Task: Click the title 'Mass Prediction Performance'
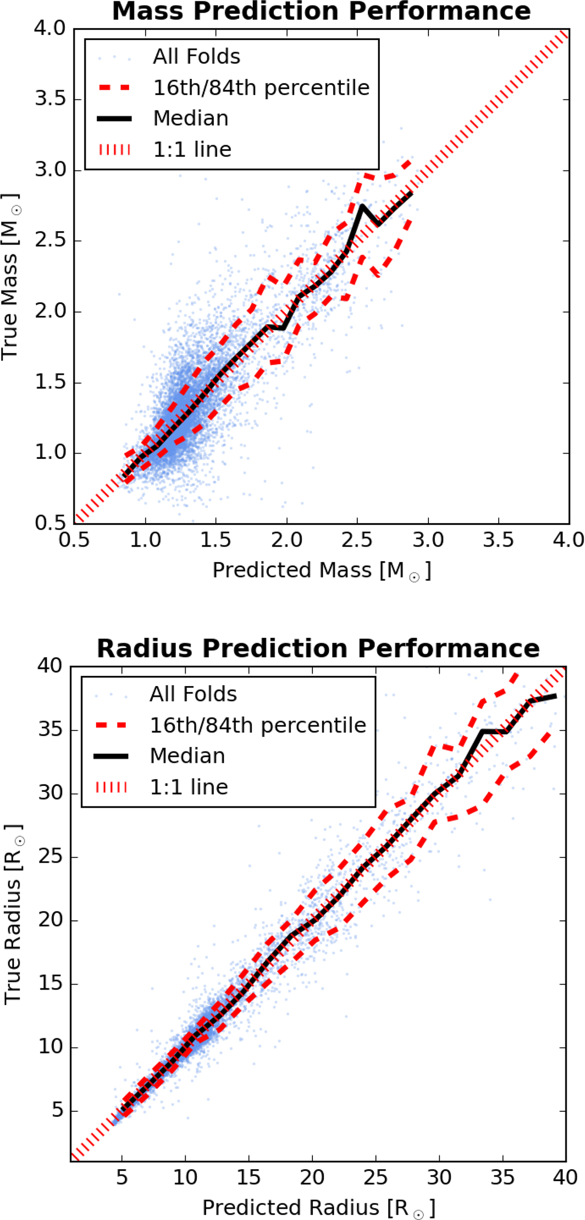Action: (x=321, y=11)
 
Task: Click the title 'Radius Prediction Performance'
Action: (x=318, y=648)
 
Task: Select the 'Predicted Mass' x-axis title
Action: (x=322, y=570)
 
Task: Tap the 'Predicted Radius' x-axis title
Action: (x=319, y=1207)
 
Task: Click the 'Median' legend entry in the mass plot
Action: (x=191, y=118)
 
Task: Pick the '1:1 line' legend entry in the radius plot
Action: (x=189, y=787)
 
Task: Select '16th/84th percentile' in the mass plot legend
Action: (x=261, y=88)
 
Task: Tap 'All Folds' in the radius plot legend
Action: (x=193, y=694)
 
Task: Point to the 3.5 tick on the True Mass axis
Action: (x=50, y=99)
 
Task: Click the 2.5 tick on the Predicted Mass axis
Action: (x=357, y=540)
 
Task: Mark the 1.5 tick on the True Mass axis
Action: (x=50, y=382)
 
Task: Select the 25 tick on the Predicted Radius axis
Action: (x=375, y=1177)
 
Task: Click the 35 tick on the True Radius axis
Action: (x=51, y=730)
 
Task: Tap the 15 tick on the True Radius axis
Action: (x=51, y=984)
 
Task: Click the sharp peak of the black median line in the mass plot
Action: (x=362, y=206)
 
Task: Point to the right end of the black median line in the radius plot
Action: (x=556, y=696)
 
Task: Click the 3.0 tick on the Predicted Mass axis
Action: (x=428, y=540)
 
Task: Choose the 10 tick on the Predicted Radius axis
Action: (x=185, y=1177)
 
